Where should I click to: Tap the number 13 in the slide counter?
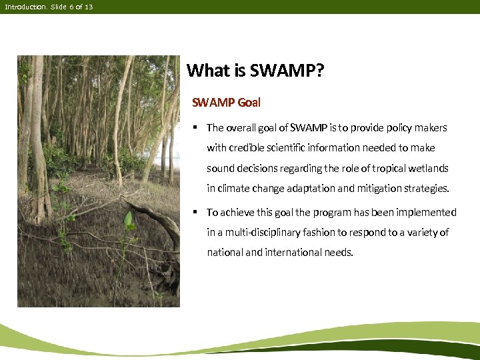click(x=89, y=6)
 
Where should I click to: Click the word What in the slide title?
click(x=205, y=71)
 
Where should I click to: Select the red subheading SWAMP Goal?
click(x=226, y=103)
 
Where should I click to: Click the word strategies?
click(x=425, y=188)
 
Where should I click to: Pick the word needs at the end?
click(x=338, y=253)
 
